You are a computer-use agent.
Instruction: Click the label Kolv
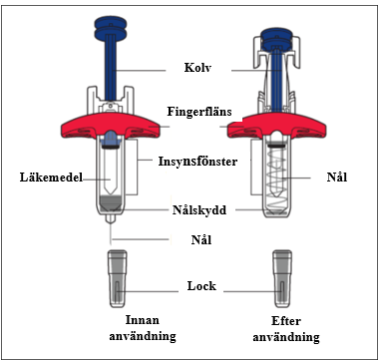(197, 68)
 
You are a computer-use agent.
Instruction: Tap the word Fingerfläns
(199, 112)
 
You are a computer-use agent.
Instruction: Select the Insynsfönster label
(197, 162)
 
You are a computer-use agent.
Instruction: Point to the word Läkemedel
(51, 178)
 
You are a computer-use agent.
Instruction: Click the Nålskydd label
(199, 210)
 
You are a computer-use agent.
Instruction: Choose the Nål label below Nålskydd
(201, 239)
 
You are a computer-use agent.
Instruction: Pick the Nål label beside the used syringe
(337, 177)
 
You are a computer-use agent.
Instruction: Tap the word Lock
(201, 286)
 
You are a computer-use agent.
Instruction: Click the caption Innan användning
(143, 328)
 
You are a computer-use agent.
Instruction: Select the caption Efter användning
(286, 329)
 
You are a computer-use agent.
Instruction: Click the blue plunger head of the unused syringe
(111, 29)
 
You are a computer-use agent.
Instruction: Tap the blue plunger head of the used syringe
(276, 40)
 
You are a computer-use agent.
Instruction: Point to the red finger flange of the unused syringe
(112, 126)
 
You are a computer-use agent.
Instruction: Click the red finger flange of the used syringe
(276, 126)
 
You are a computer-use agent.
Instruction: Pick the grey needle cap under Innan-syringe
(117, 278)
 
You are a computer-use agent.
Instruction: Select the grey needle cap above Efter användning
(282, 278)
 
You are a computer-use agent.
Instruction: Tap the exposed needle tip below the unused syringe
(111, 234)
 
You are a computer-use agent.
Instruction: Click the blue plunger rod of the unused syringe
(111, 70)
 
